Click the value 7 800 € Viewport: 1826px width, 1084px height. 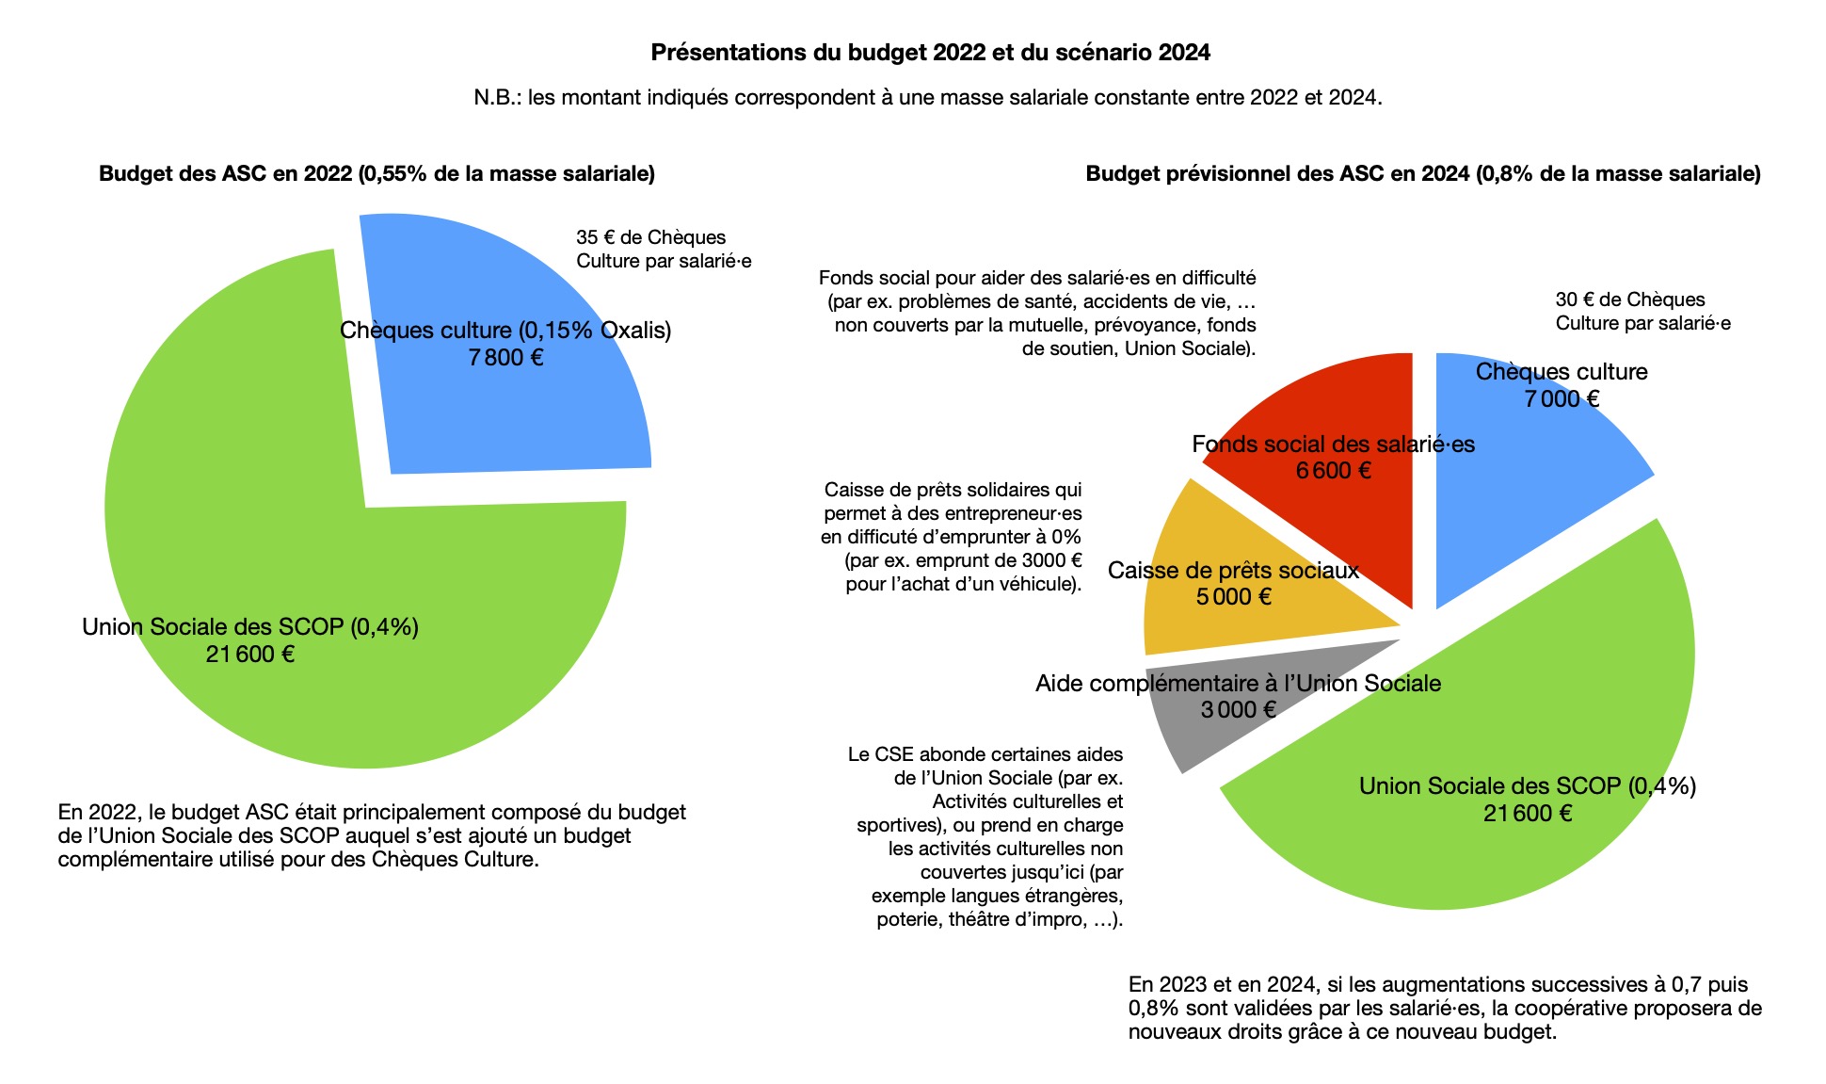coord(506,358)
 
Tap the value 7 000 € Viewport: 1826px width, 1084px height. coord(1562,399)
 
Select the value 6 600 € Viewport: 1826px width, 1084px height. coord(1333,471)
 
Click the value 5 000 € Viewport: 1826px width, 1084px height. coord(1233,597)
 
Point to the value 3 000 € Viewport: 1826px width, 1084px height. coord(1238,710)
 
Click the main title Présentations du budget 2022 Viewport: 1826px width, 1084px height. coord(930,53)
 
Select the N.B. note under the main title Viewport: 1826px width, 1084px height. coord(927,98)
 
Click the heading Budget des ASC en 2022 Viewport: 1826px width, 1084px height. coord(376,173)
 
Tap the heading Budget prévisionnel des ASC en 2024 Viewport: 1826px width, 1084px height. coord(1422,173)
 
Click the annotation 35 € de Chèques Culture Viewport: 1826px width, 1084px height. coord(663,250)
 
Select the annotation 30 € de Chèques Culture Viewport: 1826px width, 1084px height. coord(1642,312)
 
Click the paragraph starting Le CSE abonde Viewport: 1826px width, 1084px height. coord(988,836)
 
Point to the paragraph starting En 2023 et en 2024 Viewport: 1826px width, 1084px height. coord(1444,1008)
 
